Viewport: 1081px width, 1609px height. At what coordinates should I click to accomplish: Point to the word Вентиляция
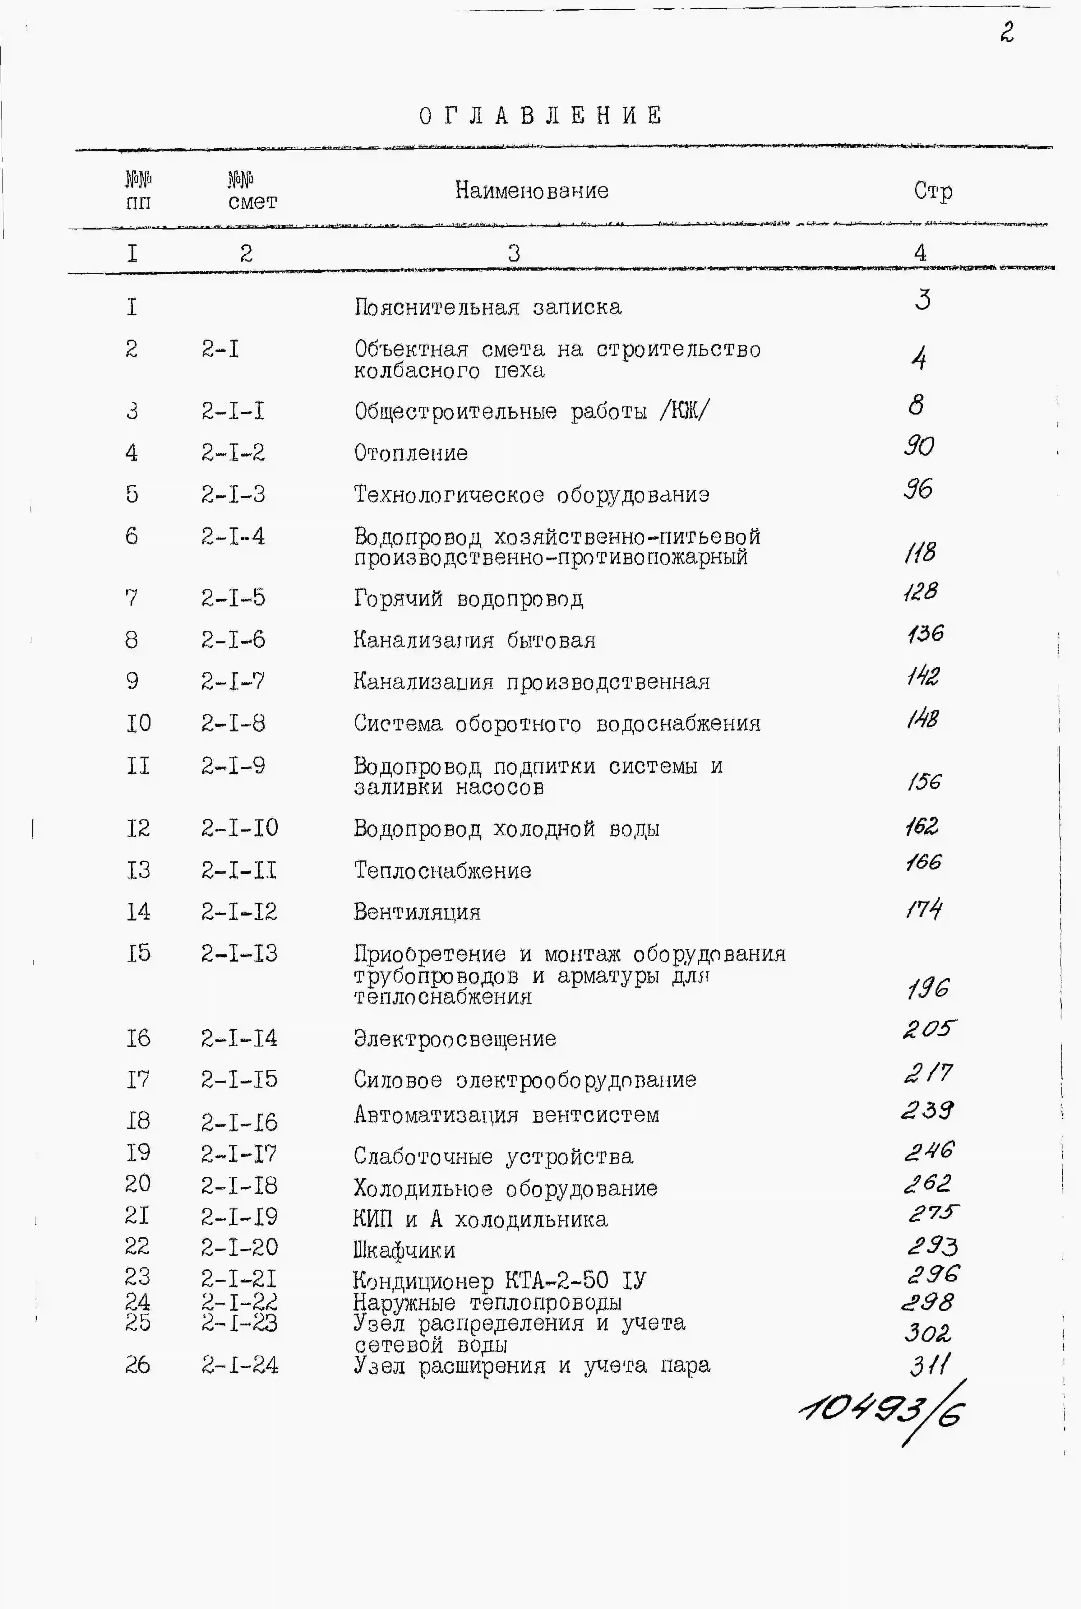click(417, 912)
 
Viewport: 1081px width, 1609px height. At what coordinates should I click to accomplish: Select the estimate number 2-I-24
click(239, 1365)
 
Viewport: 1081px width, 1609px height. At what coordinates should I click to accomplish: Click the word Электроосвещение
click(455, 1038)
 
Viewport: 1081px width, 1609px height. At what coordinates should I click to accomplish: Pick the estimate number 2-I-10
click(239, 827)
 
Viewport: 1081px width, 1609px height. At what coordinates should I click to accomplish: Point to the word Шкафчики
click(404, 1250)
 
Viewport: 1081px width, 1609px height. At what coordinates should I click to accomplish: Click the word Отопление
click(411, 453)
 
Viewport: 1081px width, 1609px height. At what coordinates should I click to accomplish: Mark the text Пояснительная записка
click(487, 307)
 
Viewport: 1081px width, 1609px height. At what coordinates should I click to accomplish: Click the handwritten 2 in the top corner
click(1007, 32)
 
